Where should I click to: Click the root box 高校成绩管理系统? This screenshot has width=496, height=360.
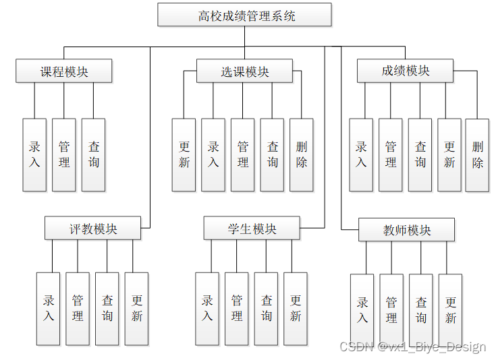pos(244,15)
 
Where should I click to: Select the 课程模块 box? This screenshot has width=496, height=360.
pos(64,71)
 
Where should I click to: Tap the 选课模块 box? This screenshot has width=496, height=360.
pos(244,71)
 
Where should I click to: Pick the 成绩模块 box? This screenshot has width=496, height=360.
pos(405,71)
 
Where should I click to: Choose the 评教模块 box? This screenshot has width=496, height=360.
pos(93,229)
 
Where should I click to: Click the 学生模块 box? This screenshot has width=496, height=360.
pos(252,229)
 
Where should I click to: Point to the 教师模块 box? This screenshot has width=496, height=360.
pos(406,230)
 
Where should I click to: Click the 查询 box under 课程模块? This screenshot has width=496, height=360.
pos(94,154)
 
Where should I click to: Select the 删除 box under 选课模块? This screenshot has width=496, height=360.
pos(302,154)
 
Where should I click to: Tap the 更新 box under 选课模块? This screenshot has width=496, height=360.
pos(184,154)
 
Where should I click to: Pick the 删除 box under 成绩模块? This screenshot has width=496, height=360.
pos(478,154)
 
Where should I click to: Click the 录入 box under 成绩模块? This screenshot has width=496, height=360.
pos(361,154)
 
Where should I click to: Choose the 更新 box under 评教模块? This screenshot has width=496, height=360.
pos(137,308)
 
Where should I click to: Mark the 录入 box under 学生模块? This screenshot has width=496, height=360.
pos(207,308)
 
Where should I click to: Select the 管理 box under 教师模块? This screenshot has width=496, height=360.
pos(391,309)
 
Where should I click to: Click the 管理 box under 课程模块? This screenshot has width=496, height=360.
pos(64,154)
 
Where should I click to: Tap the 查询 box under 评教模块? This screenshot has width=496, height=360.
pos(107,308)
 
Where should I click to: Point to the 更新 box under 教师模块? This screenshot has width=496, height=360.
pos(450,309)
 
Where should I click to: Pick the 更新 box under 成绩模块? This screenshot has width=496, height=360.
pos(449,154)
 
